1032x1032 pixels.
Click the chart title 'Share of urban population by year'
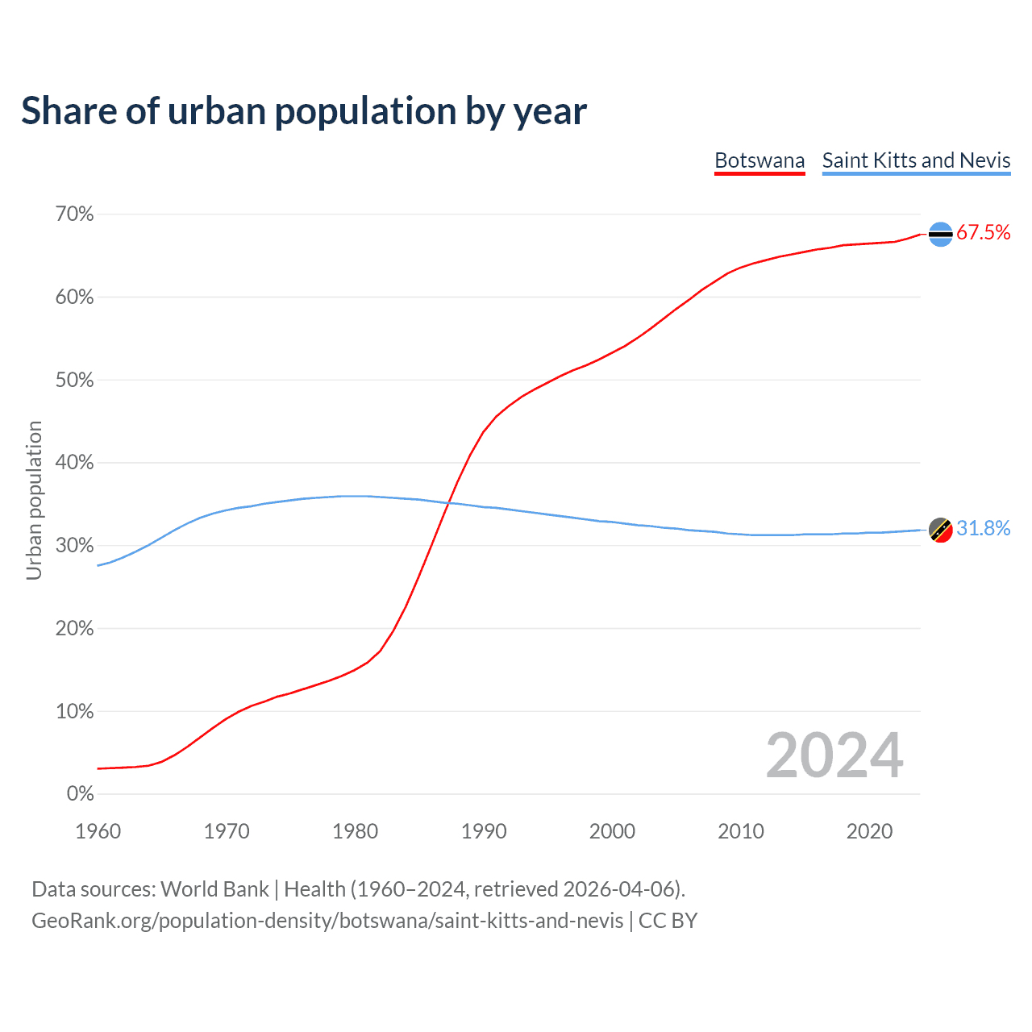tap(304, 111)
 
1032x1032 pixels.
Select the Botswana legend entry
tap(759, 160)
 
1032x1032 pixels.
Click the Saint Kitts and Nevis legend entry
tap(916, 160)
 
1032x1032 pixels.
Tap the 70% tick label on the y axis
tap(74, 214)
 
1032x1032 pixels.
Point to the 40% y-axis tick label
tap(74, 463)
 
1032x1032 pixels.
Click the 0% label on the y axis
tap(80, 794)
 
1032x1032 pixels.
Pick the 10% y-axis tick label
tap(74, 711)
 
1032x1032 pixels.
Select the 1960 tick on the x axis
tap(98, 831)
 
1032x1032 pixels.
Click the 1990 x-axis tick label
tap(484, 831)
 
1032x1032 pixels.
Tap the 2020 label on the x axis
tap(869, 831)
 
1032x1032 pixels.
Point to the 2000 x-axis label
tap(612, 831)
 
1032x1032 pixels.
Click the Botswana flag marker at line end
tap(941, 234)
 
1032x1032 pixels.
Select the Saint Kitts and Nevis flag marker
tap(941, 530)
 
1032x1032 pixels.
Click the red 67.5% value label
tap(983, 233)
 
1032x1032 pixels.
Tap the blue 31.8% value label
tap(983, 529)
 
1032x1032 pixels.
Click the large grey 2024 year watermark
tap(834, 755)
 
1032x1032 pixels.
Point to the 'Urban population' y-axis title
tap(34, 500)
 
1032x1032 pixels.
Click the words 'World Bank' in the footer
tap(214, 889)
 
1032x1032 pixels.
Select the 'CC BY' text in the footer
tap(668, 921)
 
